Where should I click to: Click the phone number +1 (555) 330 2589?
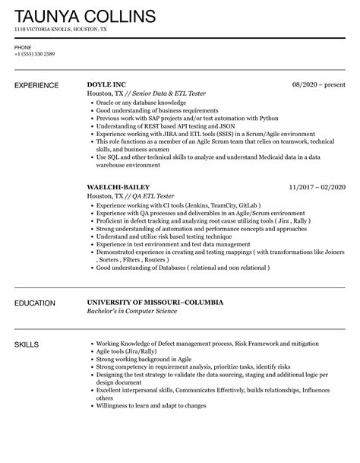pos(33,52)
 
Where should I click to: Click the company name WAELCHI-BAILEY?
pos(118,187)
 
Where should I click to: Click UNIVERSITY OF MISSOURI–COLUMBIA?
pos(155,302)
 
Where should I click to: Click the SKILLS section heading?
pos(29,345)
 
